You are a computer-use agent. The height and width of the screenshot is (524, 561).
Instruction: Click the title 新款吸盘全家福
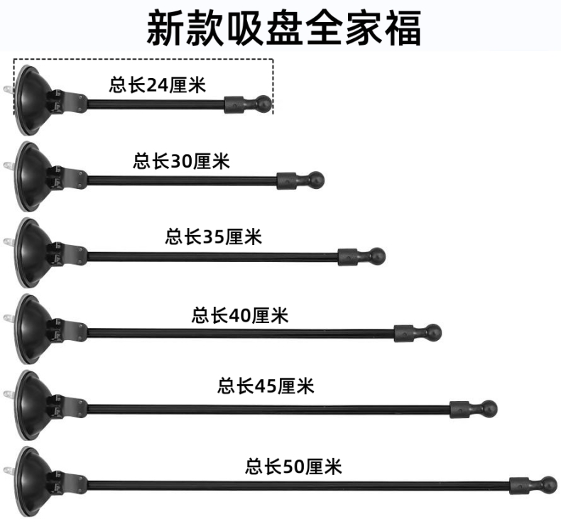coord(284,26)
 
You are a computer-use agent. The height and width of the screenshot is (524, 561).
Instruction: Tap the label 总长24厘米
coord(156,86)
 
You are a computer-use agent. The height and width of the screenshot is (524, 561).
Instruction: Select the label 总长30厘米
coord(182,161)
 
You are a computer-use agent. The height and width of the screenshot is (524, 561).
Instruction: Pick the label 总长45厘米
coord(266,386)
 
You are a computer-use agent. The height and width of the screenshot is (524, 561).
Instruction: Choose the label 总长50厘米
coord(293,466)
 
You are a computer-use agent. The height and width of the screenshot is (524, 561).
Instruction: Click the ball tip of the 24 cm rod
coord(263,104)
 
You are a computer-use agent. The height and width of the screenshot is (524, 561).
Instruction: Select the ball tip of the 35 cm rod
coord(378,256)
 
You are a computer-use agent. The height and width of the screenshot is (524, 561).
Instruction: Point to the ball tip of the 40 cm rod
coord(433,332)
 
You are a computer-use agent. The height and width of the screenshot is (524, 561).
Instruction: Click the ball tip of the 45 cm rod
coord(489,408)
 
